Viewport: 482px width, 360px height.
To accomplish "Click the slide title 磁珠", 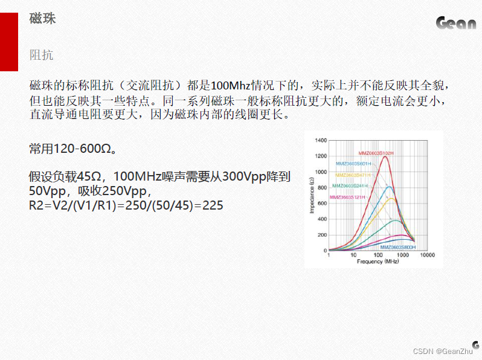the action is click(42, 18).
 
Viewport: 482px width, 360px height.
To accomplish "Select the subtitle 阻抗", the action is click(41, 55).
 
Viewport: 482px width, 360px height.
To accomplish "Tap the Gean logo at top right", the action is click(456, 23).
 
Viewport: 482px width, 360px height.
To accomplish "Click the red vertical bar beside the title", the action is click(9, 42).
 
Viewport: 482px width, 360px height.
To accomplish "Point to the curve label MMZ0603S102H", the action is click(376, 153).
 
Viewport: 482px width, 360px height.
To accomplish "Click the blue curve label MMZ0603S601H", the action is click(353, 164).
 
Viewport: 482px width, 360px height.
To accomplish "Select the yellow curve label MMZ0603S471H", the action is click(353, 175).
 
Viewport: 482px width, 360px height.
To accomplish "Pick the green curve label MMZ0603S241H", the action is click(350, 185).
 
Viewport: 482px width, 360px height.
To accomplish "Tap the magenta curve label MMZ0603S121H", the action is click(347, 197).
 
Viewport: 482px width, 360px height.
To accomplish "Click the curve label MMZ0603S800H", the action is click(398, 247).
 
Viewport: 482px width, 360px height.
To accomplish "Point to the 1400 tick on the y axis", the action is click(321, 141).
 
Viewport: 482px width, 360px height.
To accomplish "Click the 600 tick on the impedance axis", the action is click(322, 203).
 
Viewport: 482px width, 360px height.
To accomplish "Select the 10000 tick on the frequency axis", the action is click(427, 255).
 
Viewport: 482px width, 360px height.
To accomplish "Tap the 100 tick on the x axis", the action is click(378, 255).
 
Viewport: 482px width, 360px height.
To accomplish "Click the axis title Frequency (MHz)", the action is click(378, 262).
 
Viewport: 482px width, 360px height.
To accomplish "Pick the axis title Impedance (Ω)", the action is click(312, 195).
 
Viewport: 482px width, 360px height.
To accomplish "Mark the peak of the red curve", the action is click(385, 156).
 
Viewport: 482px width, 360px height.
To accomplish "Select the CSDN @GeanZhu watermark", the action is click(443, 351).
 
